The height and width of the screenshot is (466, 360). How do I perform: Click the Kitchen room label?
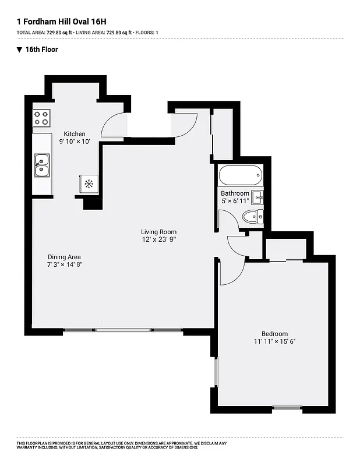click(75, 133)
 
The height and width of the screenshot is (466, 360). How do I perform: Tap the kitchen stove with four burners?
click(41, 118)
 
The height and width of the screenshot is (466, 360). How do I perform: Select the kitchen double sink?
click(41, 164)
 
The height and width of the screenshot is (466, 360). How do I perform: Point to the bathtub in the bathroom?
click(240, 175)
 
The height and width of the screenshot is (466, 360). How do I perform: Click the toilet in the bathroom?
click(252, 217)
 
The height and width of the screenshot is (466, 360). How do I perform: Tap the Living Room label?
click(158, 232)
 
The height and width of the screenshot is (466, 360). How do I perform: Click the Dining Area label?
click(64, 257)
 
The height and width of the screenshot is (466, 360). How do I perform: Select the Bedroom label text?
click(275, 334)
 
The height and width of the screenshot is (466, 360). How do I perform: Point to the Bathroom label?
click(235, 193)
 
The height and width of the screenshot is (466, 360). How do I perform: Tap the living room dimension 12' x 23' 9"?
click(159, 239)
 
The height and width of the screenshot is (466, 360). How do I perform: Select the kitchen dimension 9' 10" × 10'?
click(75, 142)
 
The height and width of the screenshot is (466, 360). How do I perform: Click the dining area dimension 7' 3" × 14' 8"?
click(65, 264)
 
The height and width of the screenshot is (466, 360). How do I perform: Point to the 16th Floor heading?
click(41, 50)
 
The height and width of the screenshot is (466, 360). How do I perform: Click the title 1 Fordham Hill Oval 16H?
click(61, 22)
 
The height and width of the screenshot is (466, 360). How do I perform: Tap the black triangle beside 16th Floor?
click(20, 50)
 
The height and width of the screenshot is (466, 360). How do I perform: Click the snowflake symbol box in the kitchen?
click(89, 184)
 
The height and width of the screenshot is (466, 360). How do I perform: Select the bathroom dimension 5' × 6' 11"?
click(235, 201)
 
